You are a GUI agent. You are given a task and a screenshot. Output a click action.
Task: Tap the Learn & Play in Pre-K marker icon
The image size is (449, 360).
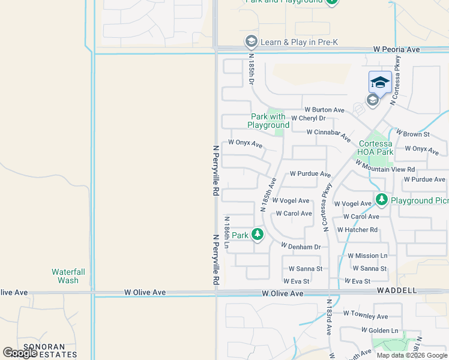coord(251,41)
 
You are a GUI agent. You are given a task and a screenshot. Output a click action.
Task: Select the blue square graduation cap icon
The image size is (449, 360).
coord(380,82)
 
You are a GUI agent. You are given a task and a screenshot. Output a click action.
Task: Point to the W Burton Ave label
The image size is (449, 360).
coord(324,110)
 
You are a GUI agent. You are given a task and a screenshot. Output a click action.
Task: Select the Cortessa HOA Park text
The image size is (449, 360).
coord(376,148)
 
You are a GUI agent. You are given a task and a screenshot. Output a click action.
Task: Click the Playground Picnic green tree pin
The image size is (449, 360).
coord(381,199)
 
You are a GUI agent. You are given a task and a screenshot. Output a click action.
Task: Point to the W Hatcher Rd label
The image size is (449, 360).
coord(357,230)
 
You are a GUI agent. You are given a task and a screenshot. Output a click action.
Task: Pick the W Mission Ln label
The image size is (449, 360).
coord(367,256)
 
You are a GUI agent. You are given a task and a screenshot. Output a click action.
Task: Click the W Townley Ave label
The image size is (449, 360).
coord(366,315)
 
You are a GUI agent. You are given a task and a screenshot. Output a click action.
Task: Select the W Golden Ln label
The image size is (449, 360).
coord(380,331)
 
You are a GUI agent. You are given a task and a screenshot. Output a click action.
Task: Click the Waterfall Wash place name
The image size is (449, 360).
coord(68,276)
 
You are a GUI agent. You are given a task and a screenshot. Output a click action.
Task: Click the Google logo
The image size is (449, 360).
coord(20,353)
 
